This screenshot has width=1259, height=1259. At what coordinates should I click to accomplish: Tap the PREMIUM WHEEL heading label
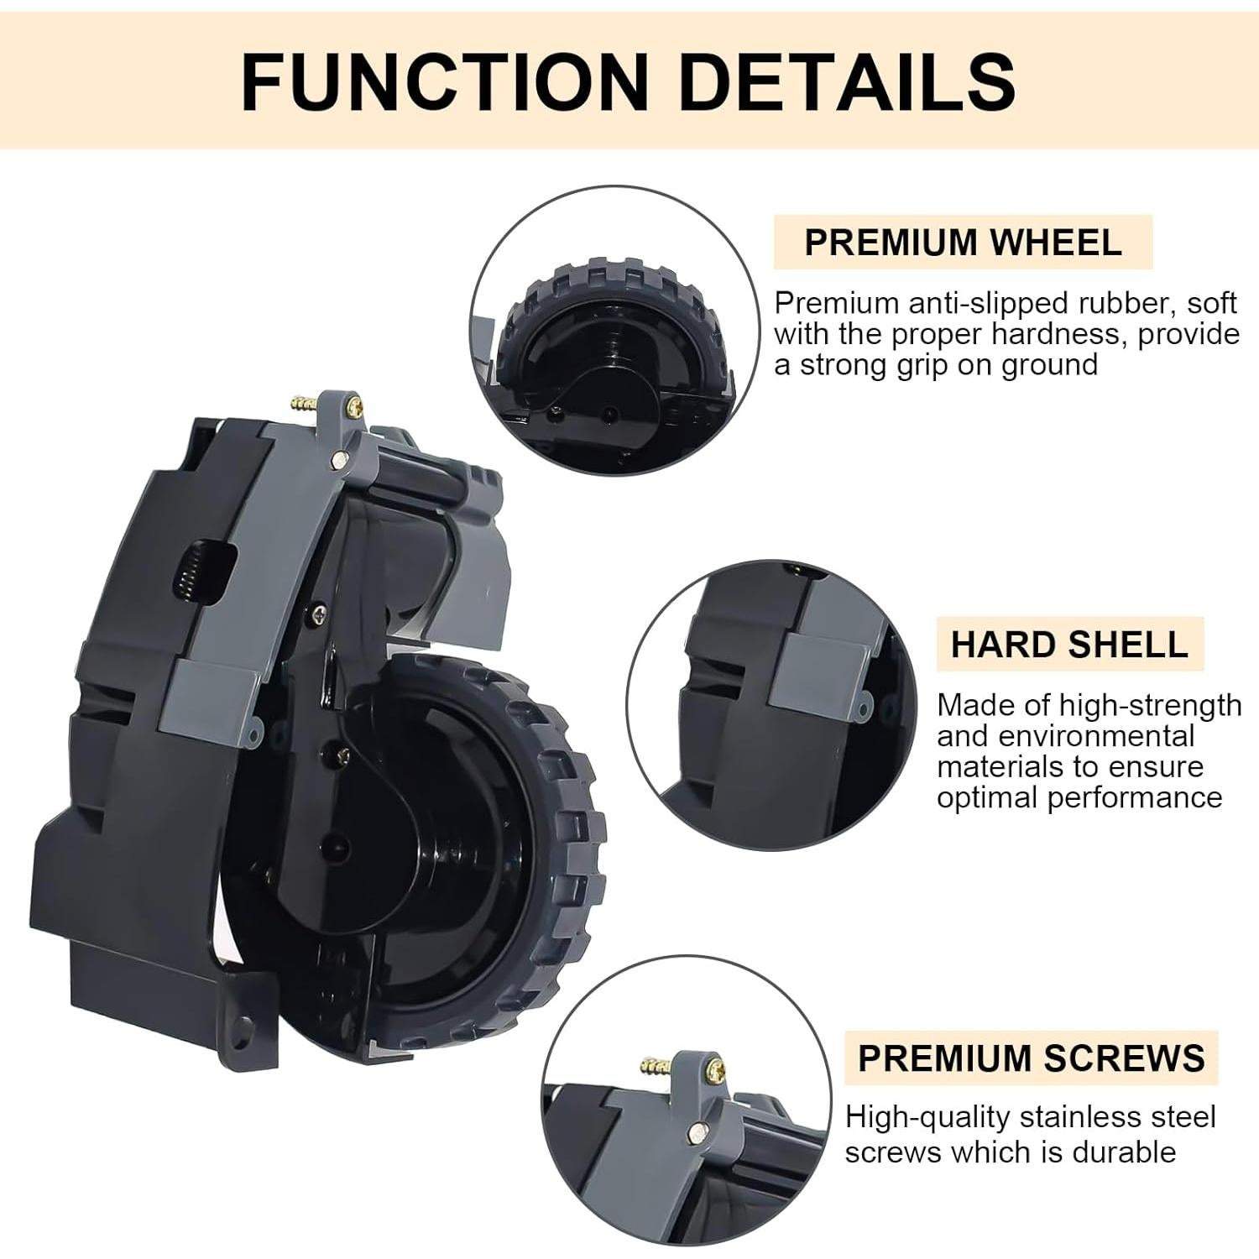click(963, 242)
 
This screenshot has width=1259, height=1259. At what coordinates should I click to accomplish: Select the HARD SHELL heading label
click(1069, 644)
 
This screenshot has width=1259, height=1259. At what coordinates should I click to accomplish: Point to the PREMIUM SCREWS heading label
click(1031, 1058)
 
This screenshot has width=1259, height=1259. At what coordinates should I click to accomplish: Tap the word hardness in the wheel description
click(1060, 334)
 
